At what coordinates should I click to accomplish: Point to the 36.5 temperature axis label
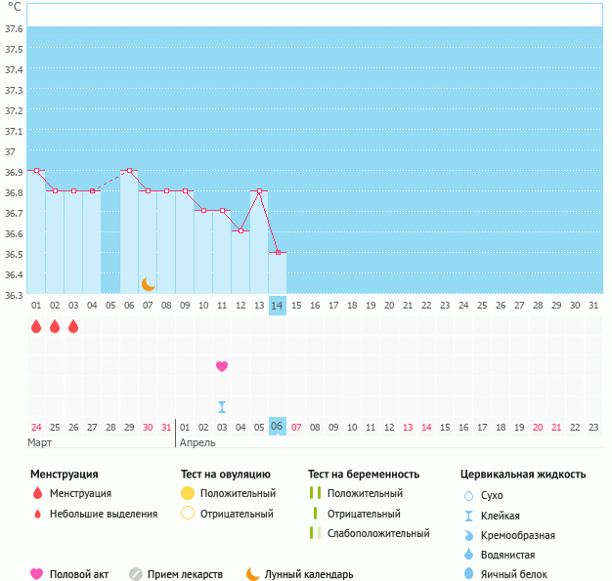coord(13,254)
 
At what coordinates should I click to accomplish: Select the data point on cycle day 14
coord(278,253)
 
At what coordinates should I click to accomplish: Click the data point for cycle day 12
coord(240,230)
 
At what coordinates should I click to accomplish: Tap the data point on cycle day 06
coord(129,170)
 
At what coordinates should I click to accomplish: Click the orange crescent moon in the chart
coord(148,284)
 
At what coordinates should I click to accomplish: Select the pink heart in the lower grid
coord(222,366)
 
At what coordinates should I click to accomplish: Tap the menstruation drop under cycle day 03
coord(73,326)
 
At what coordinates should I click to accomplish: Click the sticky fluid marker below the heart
coord(222,407)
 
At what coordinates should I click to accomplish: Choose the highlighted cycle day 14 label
coord(278,306)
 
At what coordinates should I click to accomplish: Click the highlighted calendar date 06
coord(278,427)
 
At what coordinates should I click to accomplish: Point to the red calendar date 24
coord(36,427)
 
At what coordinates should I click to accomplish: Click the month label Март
coord(40,442)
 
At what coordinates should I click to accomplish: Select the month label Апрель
coord(197,442)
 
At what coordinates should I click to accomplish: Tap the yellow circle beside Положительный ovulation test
coord(188,493)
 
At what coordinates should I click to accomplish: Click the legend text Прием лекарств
coord(185,574)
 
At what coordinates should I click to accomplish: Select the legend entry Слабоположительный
coord(378,533)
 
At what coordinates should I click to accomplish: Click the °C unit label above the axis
coord(15,8)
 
